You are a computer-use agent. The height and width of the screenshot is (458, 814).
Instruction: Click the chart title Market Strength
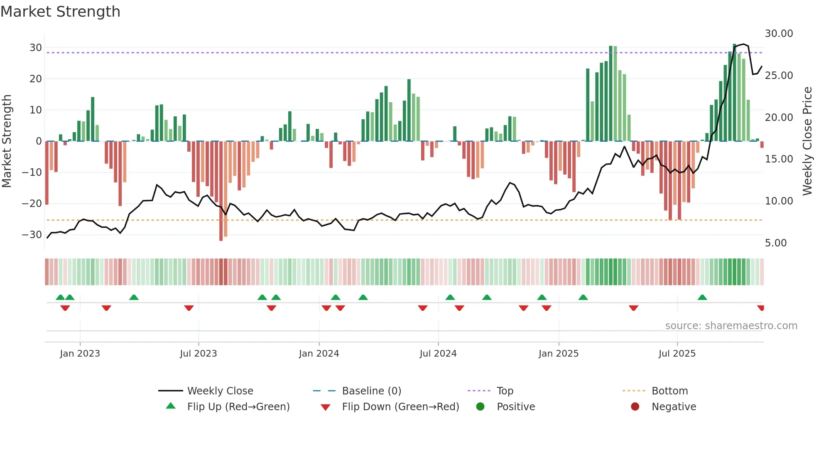(60, 12)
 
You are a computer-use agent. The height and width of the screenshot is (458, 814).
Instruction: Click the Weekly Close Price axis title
(807, 141)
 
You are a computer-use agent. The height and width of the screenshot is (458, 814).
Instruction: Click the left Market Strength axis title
(7, 141)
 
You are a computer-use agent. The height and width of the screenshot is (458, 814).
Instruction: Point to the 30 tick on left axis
(36, 48)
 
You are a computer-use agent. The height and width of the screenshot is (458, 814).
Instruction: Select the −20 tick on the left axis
(32, 204)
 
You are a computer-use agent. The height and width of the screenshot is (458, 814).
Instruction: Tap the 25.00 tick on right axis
(779, 76)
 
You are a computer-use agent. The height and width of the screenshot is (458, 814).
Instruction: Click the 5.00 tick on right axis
(775, 243)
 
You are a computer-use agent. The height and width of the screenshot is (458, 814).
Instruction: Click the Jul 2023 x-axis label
(199, 354)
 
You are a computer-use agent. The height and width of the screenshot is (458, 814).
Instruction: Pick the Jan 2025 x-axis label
(558, 354)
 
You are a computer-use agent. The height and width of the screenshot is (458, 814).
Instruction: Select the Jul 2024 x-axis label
(438, 354)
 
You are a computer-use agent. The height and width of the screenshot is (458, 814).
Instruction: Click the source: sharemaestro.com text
(731, 326)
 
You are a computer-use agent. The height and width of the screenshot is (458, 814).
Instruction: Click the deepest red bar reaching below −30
(221, 191)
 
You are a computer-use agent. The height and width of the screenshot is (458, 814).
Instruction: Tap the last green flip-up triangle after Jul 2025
(702, 298)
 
